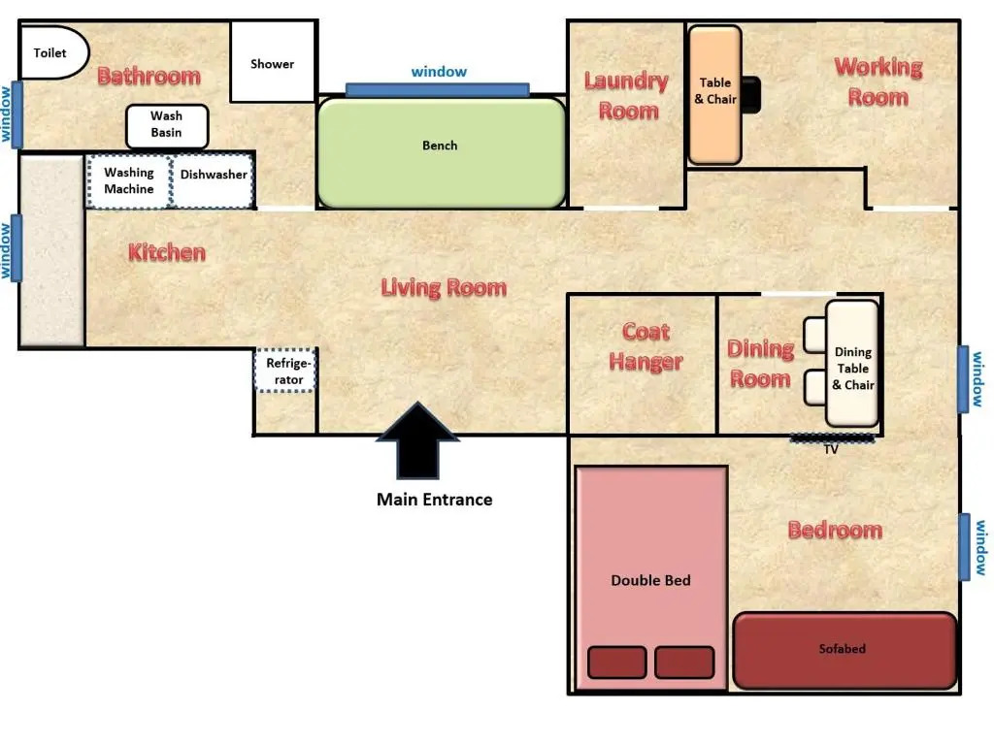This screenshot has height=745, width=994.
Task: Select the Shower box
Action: (x=273, y=61)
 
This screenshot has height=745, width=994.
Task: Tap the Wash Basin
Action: (x=167, y=126)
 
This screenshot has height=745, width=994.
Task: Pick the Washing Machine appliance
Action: (x=129, y=181)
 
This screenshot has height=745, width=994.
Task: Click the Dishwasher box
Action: (x=213, y=181)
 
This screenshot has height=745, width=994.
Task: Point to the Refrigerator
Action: (x=286, y=371)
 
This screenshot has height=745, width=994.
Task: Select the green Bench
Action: (x=442, y=152)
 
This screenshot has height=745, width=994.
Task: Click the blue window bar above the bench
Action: (x=438, y=89)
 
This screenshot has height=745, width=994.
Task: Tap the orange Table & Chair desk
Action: (x=715, y=95)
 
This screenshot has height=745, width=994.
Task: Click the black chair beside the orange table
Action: (x=750, y=95)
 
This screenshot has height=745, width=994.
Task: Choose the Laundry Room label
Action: (x=626, y=96)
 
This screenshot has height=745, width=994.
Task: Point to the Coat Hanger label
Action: (x=646, y=346)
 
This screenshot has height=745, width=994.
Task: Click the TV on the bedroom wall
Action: (x=832, y=437)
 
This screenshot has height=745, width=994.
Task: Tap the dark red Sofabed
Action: (x=845, y=651)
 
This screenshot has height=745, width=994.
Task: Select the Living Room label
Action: (x=444, y=287)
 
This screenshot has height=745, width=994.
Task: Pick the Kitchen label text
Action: (x=167, y=253)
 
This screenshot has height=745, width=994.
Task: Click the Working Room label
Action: (x=878, y=81)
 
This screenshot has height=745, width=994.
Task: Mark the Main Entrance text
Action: (x=434, y=500)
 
